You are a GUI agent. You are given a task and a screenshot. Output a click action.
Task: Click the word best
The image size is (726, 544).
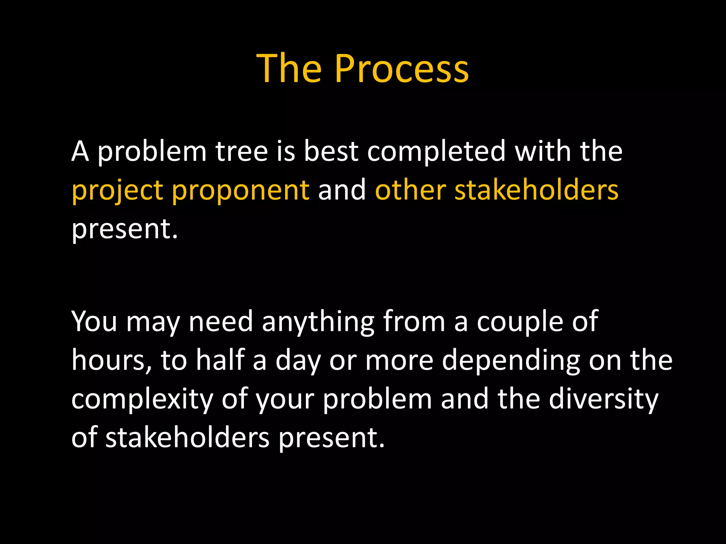pyautogui.click(x=331, y=152)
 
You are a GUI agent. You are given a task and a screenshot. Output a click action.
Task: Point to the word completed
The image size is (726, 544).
pyautogui.click(x=436, y=152)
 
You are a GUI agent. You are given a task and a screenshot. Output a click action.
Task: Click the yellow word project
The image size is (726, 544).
pyautogui.click(x=117, y=191)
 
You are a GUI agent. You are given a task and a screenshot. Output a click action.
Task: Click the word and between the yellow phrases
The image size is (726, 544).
pyautogui.click(x=342, y=190)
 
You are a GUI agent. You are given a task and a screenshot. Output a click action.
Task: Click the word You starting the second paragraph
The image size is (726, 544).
pyautogui.click(x=94, y=322)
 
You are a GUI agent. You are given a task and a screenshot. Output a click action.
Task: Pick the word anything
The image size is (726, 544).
pyautogui.click(x=318, y=322)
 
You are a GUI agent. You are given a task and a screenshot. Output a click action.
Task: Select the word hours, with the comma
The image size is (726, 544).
pyautogui.click(x=111, y=361)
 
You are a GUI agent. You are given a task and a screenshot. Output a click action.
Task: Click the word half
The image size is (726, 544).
pyautogui.click(x=220, y=360)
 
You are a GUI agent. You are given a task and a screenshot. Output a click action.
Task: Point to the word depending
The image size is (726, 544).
pyautogui.click(x=511, y=361)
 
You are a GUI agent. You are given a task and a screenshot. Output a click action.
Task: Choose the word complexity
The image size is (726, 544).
pyautogui.click(x=142, y=399)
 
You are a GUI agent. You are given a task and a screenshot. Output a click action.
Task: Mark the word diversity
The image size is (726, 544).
pyautogui.click(x=603, y=399)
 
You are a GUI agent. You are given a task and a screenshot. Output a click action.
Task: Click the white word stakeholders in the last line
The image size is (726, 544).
pyautogui.click(x=188, y=438)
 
